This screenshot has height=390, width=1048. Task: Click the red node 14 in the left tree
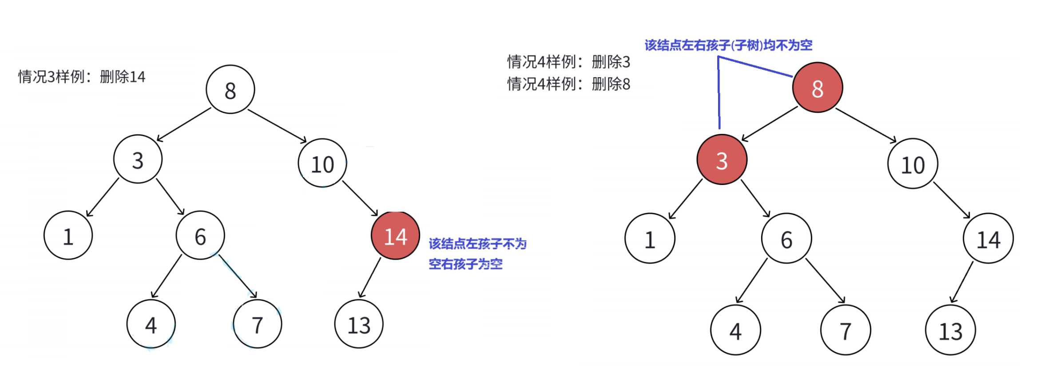coord(395,236)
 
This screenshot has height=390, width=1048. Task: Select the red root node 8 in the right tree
coord(817,88)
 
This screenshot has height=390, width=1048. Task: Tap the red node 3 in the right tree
coord(722,160)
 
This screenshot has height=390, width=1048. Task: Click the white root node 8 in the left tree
coord(230,90)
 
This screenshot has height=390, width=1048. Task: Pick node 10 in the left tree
coord(322,163)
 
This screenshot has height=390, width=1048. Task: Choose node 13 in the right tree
coord(950,330)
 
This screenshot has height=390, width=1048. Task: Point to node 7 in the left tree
coord(257,324)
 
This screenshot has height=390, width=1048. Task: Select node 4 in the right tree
coord(735,330)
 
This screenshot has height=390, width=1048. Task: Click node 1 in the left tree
coord(68,236)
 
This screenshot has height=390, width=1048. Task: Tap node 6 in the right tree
coord(786,239)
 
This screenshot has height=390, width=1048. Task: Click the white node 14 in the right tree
coord(988,239)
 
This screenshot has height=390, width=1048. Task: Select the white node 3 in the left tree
coord(138,159)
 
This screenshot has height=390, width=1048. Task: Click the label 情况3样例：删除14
coord(82,77)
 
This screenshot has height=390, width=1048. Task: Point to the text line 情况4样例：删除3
coord(568,62)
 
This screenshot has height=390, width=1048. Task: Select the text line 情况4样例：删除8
coord(568,84)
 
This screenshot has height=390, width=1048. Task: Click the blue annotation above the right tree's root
coord(728,45)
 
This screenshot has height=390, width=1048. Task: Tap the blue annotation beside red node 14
coord(477,254)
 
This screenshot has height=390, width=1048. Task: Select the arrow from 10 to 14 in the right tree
coord(951,200)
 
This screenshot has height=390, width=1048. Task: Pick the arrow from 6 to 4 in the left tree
coord(167,276)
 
